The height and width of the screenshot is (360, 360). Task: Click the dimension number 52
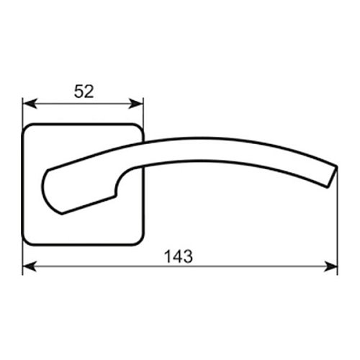[x=84, y=91]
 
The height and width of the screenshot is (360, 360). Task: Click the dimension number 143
[x=179, y=256]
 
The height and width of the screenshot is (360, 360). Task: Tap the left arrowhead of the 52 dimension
[x=30, y=104]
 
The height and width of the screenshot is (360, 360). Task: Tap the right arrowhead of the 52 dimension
[x=135, y=104]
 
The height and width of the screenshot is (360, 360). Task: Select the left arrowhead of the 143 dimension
[x=30, y=266]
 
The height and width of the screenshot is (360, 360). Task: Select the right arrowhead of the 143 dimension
[x=330, y=266]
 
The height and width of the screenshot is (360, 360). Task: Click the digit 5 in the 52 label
[x=78, y=91]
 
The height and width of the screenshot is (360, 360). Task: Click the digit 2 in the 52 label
[x=89, y=91]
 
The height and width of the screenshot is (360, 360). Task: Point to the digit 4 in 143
[x=179, y=256]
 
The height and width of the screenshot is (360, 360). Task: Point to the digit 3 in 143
[x=188, y=256]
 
